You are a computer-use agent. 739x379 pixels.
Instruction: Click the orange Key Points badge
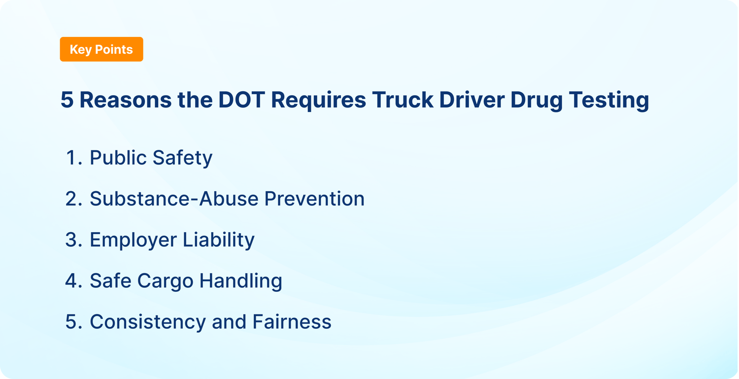point(101,49)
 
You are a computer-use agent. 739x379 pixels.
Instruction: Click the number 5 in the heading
point(67,100)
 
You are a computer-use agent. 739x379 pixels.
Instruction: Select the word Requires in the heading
point(318,100)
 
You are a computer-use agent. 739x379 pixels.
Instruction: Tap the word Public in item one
point(118,158)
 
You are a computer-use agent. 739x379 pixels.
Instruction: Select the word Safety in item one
point(182,158)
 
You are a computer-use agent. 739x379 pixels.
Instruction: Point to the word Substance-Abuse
point(174,199)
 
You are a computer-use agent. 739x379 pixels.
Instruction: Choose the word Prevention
point(314,199)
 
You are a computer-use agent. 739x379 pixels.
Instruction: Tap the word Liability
point(219,240)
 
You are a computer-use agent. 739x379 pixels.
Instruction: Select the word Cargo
point(165,281)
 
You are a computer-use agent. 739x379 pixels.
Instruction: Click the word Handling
point(240,281)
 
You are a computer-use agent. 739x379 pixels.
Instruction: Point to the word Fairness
point(292,322)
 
